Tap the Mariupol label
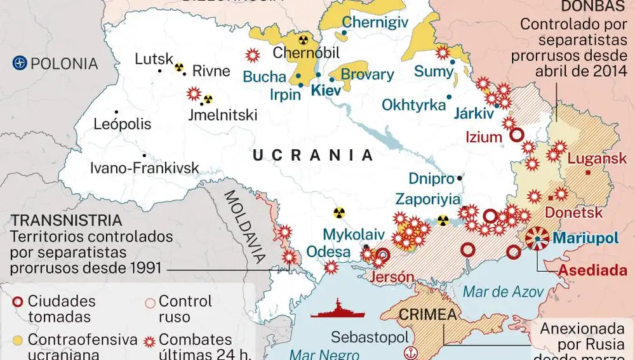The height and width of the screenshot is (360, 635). (x=585, y=239)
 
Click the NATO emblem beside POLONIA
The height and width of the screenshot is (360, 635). (x=20, y=63)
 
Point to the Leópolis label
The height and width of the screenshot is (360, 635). (x=123, y=124)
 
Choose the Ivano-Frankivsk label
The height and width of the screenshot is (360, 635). (x=145, y=168)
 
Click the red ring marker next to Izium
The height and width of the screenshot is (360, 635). (x=517, y=135)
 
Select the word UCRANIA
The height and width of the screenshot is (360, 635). (x=312, y=155)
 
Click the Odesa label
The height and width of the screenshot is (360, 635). (x=328, y=252)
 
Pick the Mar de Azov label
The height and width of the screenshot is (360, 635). (x=504, y=292)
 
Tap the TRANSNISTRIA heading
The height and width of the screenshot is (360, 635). (x=67, y=220)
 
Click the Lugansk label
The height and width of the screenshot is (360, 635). (x=597, y=159)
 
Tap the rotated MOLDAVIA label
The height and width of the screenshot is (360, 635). (x=246, y=227)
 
